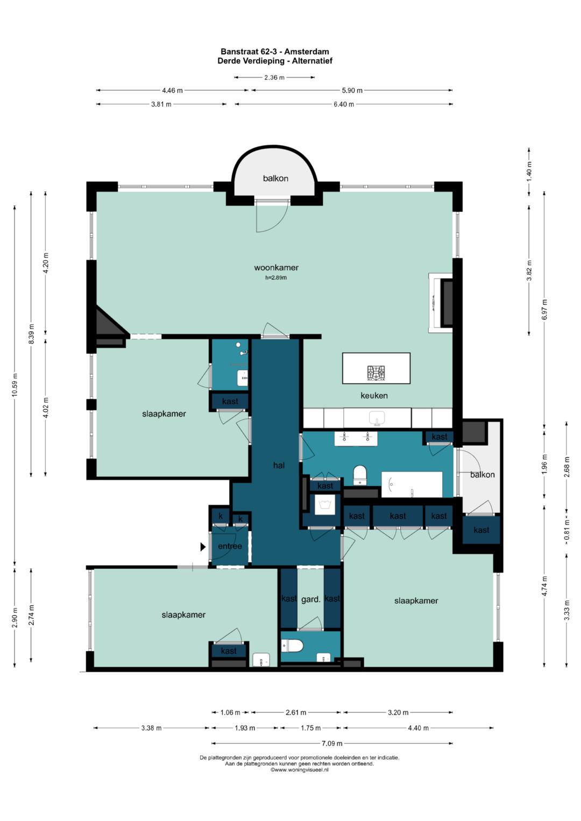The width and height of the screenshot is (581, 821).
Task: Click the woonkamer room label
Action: tap(276, 268)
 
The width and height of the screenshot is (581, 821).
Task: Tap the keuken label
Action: tap(374, 396)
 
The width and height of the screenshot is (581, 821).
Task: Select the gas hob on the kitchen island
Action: tap(376, 373)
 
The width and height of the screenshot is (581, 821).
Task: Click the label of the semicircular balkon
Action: tap(275, 179)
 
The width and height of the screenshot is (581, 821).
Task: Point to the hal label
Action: tap(279, 466)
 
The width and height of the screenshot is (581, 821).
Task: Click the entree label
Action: tap(230, 546)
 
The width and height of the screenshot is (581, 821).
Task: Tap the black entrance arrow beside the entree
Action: tap(203, 547)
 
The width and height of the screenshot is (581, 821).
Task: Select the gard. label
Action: tap(311, 600)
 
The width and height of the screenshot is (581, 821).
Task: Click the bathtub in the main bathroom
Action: tap(412, 484)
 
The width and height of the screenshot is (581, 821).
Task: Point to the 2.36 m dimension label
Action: tap(274, 77)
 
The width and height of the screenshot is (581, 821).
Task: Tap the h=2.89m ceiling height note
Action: tap(276, 277)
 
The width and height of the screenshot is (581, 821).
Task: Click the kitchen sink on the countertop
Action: tap(377, 418)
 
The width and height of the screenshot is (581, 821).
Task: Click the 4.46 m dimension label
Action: tap(172, 90)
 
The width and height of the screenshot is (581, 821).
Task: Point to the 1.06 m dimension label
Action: tap(230, 712)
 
